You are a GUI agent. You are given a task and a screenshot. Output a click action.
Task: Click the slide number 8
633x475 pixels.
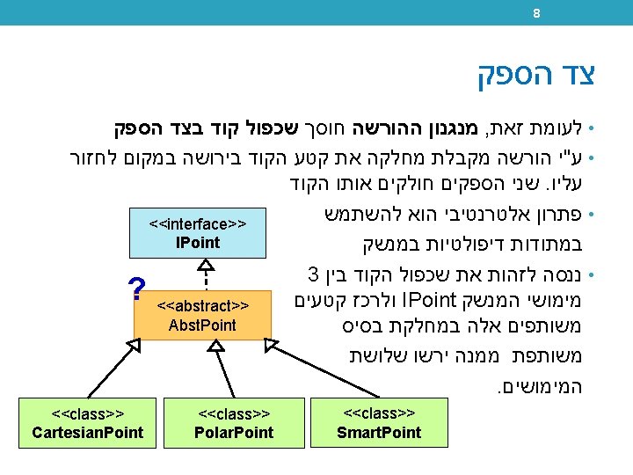(x=535, y=13)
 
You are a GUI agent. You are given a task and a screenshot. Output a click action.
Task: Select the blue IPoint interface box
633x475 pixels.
(x=198, y=233)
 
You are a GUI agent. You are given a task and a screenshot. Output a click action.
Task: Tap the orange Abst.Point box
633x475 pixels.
(x=203, y=315)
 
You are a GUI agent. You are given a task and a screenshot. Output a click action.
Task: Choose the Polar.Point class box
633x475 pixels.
(x=234, y=423)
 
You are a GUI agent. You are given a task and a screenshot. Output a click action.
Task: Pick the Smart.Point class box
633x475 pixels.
(x=379, y=423)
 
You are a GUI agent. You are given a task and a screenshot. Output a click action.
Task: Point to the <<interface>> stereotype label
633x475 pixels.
(x=198, y=224)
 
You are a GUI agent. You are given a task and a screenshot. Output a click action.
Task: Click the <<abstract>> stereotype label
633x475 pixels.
(x=202, y=306)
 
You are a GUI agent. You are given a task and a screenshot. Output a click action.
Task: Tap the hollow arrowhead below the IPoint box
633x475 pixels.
(x=204, y=265)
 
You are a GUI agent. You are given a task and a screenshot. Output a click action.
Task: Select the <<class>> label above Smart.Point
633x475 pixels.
(x=379, y=413)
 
